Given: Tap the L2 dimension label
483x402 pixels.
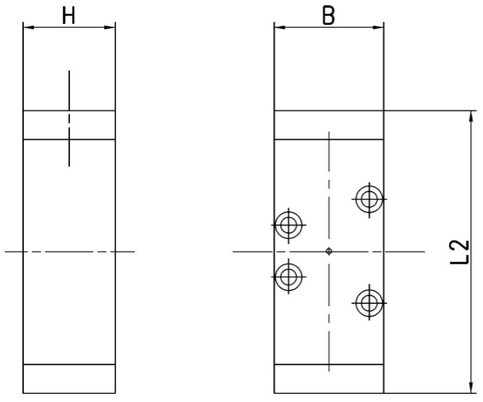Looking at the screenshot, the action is [x=460, y=252].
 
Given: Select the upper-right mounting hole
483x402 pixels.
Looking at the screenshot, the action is [x=369, y=199].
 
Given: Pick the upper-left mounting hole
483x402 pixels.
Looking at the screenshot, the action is [x=289, y=225].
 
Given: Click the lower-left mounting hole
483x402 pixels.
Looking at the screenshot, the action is [x=289, y=277].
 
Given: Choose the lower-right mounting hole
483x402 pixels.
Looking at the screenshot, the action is [x=369, y=303].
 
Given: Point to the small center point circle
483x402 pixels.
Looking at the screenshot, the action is [x=329, y=251].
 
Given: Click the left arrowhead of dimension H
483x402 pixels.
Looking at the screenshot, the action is [x=29, y=28].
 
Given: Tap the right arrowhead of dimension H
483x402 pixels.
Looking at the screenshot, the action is [x=109, y=28].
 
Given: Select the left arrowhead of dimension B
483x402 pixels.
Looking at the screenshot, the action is [x=280, y=28].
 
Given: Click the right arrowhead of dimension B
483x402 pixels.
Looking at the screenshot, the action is [x=378, y=28].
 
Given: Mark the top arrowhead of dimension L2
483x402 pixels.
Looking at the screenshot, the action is [x=471, y=116].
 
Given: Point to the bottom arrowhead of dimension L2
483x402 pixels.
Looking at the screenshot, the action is [x=471, y=388].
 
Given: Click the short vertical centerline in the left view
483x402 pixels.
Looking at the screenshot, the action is [x=69, y=119].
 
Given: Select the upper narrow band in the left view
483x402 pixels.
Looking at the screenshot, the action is [x=69, y=125].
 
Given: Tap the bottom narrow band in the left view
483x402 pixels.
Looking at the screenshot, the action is [x=69, y=379].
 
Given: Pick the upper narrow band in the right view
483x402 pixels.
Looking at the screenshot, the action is [x=329, y=125].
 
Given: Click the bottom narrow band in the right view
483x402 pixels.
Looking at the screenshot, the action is [x=329, y=379].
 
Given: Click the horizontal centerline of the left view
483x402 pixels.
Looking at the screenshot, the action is [x=69, y=252].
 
